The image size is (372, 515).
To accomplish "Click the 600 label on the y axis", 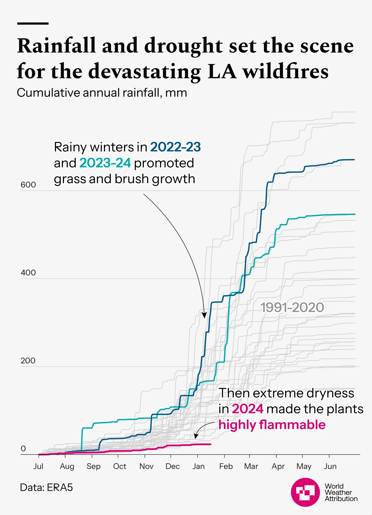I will pos(28,185).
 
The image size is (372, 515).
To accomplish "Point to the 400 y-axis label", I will pos(28,272).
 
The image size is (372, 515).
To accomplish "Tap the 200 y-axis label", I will pos(28,360).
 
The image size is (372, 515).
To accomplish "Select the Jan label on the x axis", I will pos(198,466).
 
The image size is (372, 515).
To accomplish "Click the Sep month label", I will pos(93,466).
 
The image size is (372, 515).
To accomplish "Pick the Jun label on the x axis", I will pos(330,466).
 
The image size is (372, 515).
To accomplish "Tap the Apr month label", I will pos(278,466).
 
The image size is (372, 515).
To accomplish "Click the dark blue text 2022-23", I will pos(175,147).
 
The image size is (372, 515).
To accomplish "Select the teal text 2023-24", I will pos(105,163).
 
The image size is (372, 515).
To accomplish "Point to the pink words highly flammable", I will pos(272,425).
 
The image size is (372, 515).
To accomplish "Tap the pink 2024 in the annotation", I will pos(247,409).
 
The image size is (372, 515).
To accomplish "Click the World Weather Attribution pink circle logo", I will pos(305,492).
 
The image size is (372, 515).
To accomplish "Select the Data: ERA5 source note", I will pos(46,487).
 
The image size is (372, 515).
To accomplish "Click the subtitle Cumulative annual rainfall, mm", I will pos(102,93).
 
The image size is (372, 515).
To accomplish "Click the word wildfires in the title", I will pos(286,71).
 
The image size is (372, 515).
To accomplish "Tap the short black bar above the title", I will pos(33,23).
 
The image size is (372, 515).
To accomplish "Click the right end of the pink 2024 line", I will pos(211,444).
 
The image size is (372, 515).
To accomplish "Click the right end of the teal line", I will pos(355,214).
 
